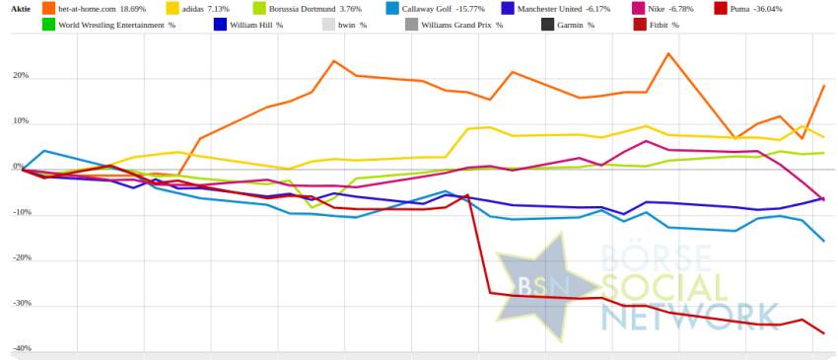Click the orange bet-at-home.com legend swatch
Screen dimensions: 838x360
48,9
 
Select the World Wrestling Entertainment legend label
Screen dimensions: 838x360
116,25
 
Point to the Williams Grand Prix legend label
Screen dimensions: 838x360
461,25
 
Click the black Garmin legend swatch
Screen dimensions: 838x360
548,24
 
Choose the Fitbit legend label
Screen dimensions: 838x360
664,25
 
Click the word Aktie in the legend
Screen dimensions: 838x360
21,9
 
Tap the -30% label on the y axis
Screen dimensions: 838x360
21,303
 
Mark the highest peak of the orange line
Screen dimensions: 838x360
668,53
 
